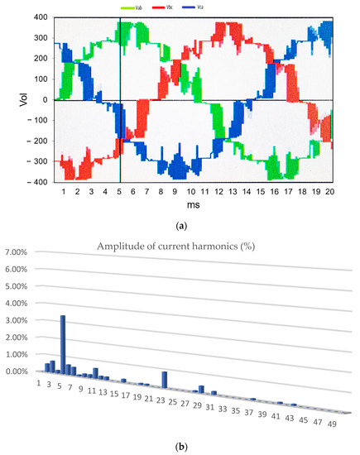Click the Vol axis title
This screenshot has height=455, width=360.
pyautogui.click(x=10, y=100)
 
